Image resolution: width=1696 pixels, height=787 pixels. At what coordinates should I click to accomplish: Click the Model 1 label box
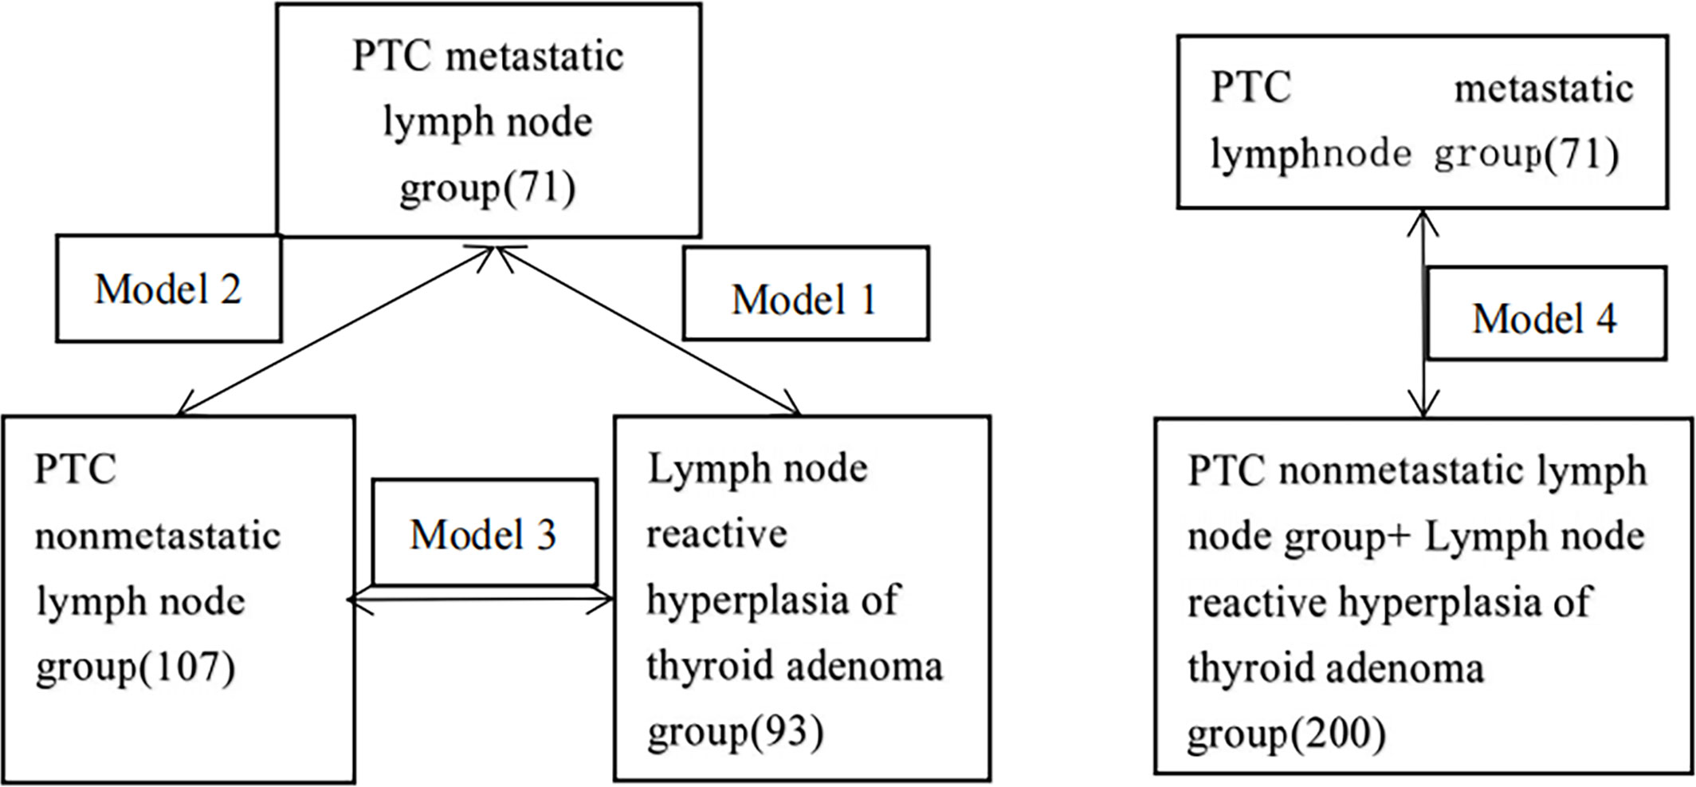point(806,293)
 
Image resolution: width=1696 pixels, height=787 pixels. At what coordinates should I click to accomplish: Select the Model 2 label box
point(168,289)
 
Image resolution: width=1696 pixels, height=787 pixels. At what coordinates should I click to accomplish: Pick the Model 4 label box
point(1546,313)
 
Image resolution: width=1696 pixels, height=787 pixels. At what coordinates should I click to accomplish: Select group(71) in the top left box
point(487,188)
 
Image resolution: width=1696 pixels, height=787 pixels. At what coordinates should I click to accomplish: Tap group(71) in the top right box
point(1526,154)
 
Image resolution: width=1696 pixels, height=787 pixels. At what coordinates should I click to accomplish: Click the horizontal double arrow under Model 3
point(481,600)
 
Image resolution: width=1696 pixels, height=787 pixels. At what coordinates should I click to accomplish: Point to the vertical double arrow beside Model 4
point(1423,313)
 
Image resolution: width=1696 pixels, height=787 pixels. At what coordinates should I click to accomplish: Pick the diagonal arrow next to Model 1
point(650,329)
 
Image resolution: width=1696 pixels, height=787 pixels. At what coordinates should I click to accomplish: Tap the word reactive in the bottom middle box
point(716,534)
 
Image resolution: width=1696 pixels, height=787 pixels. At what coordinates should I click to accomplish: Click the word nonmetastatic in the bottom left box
point(158,536)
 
